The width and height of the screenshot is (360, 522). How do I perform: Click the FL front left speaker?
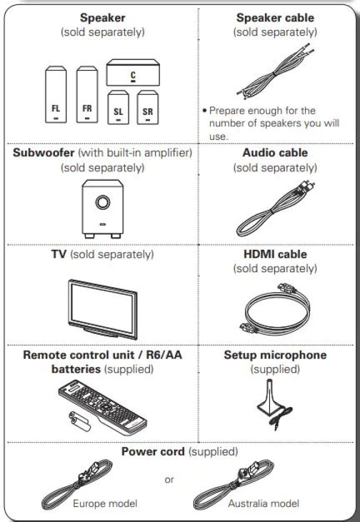click(55, 94)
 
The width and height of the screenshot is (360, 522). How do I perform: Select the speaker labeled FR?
click(87, 94)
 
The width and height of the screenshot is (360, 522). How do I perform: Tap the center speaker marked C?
click(133, 72)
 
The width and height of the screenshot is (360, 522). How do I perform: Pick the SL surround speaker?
click(118, 107)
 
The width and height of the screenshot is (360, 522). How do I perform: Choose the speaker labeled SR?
click(147, 107)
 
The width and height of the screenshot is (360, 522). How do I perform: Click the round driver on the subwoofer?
click(102, 202)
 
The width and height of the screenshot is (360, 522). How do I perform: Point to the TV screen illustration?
click(102, 309)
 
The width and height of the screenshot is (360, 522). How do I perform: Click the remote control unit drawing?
click(102, 407)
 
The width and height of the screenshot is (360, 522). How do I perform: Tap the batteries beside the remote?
click(79, 422)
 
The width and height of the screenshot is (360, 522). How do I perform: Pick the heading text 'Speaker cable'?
click(275, 17)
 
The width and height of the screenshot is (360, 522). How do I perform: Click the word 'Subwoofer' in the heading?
click(43, 152)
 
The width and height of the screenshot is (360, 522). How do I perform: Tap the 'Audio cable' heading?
click(275, 152)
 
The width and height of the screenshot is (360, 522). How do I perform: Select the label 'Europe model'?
click(105, 504)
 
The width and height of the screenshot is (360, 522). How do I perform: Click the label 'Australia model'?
click(263, 504)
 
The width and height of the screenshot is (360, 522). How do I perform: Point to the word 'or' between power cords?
click(169, 480)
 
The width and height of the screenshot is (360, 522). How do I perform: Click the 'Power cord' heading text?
click(153, 452)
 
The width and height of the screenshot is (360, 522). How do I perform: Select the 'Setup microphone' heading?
click(275, 355)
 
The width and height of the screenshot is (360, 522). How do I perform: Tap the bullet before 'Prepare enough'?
click(204, 110)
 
